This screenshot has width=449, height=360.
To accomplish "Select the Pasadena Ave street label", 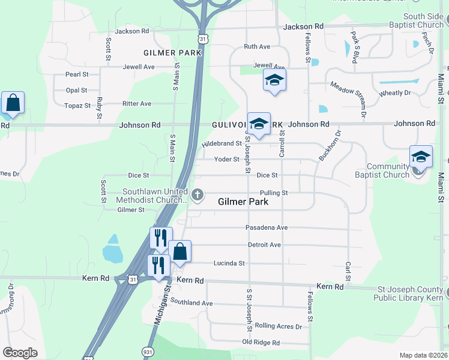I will [267, 228].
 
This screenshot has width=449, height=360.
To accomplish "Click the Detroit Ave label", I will [265, 245].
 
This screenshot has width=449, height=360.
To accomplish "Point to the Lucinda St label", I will [229, 263].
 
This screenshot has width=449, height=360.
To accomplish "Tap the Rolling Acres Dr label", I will [278, 326].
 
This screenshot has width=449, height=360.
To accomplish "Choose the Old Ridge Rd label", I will [261, 343].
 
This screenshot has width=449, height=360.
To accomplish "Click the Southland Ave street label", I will [191, 303].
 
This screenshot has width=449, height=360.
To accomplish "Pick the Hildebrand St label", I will [221, 144].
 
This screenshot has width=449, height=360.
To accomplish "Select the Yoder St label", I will [227, 160].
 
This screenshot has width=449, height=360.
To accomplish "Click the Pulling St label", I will [274, 193].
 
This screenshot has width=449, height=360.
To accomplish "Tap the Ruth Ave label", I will [257, 47].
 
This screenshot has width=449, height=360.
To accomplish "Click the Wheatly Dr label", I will [395, 93].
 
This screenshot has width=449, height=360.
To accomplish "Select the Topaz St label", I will [77, 106].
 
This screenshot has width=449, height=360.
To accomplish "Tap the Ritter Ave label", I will [137, 104].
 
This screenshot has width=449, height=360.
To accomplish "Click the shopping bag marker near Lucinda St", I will [179, 252].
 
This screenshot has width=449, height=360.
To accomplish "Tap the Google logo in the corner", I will [20, 353].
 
